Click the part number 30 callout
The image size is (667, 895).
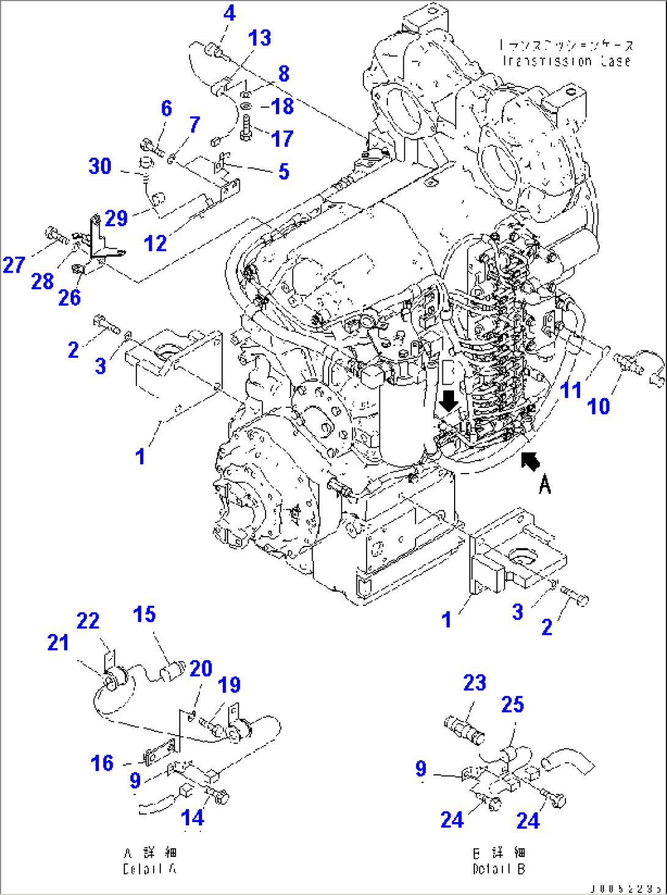pyautogui.click(x=100, y=166)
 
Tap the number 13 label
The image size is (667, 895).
pyautogui.click(x=259, y=38)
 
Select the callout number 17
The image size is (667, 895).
pyautogui.click(x=282, y=138)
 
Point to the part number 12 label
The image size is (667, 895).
pyautogui.click(x=155, y=243)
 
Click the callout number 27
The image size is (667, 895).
pyautogui.click(x=13, y=265)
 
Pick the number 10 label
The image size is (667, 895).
pyautogui.click(x=598, y=406)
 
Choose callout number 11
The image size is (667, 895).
pyautogui.click(x=570, y=390)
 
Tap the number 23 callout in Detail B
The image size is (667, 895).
pyautogui.click(x=474, y=682)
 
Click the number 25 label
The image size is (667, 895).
pyautogui.click(x=512, y=704)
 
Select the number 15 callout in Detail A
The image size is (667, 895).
pyautogui.click(x=144, y=614)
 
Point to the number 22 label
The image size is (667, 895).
pyautogui.click(x=88, y=621)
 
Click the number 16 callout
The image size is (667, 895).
pyautogui.click(x=102, y=763)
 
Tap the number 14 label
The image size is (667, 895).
pyautogui.click(x=192, y=817)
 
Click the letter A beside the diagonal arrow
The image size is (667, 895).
pyautogui.click(x=545, y=485)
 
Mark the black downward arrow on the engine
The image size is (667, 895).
pyautogui.click(x=449, y=401)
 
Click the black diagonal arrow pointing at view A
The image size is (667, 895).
pyautogui.click(x=531, y=461)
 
